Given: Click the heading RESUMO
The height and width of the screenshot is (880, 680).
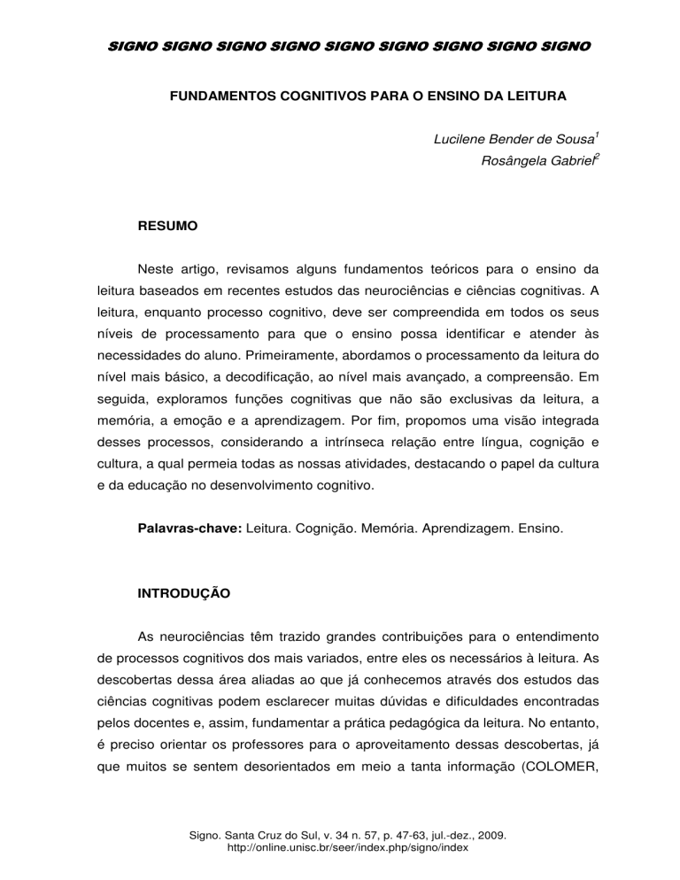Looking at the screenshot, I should click(x=167, y=227).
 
